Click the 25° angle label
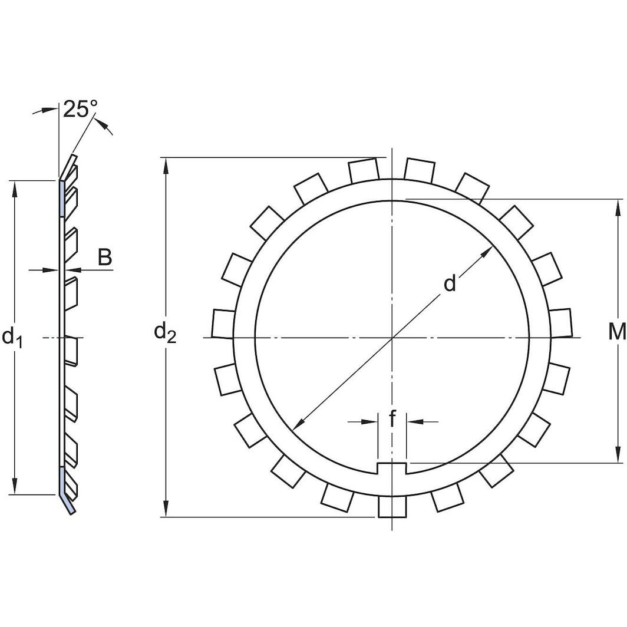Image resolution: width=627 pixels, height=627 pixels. coord(80,109)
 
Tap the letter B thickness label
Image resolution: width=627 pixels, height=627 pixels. coord(104,258)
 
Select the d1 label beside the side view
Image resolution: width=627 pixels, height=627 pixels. coord(12,337)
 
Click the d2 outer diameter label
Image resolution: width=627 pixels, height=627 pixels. coord(165,333)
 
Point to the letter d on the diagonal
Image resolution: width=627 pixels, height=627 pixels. coord(450,284)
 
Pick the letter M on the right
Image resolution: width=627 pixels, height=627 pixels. coord(616,333)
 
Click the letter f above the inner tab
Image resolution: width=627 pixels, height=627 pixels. coord(392,420)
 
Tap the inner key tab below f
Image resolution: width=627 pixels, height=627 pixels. coord(392,468)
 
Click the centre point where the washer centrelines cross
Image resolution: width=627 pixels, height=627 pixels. coord(392,338)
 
